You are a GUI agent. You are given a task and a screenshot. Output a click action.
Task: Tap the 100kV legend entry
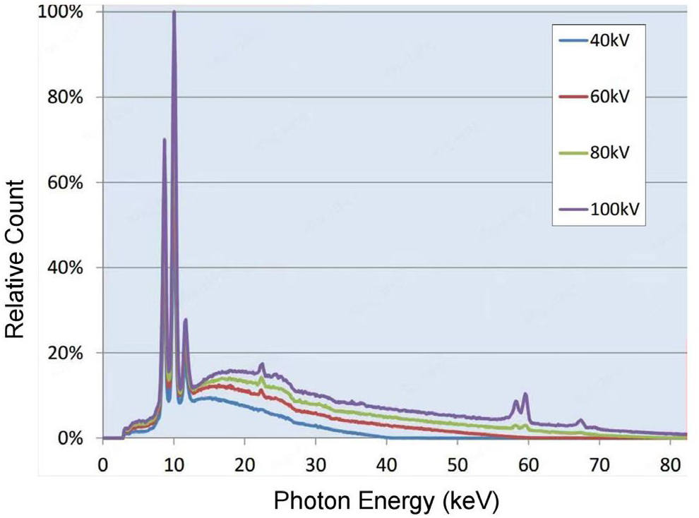point(599,209)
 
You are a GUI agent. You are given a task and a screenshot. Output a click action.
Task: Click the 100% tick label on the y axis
point(61,12)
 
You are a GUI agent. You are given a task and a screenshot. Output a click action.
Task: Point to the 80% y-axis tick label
point(65,97)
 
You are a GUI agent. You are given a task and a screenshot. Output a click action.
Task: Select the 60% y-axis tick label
point(65,183)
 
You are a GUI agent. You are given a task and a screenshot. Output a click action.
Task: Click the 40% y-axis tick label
point(65,267)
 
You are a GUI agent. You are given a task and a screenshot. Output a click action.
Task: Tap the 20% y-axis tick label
point(65,353)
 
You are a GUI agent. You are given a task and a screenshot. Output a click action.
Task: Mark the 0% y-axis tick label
point(71,438)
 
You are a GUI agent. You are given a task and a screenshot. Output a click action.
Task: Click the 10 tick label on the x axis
point(174,465)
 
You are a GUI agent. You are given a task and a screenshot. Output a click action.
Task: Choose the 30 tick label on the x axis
point(316,465)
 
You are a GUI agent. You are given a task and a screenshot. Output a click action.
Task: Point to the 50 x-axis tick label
point(458,465)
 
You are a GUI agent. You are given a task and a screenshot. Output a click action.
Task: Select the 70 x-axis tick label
point(599,465)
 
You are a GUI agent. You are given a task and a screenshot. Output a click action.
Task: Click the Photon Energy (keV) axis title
point(386,502)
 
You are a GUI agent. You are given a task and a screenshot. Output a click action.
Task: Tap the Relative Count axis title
point(14,259)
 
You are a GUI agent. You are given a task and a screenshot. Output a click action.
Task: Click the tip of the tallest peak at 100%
point(174,11)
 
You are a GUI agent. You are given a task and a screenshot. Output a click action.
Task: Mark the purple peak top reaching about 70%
point(165,139)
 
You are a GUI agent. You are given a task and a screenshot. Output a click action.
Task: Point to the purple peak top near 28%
point(186,320)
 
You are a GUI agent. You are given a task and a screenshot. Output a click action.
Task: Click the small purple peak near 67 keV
point(580,420)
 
